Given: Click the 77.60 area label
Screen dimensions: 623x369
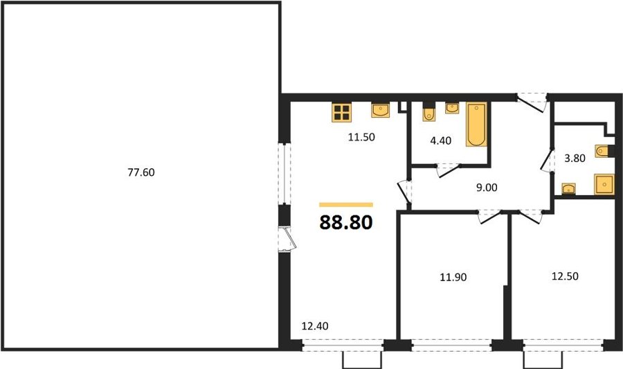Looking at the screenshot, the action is pyautogui.click(x=141, y=172).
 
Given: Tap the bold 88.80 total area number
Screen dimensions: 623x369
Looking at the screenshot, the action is pyautogui.click(x=346, y=222).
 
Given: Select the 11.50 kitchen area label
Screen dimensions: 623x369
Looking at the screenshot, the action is pyautogui.click(x=361, y=137).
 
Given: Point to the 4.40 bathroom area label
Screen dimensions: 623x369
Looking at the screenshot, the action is pyautogui.click(x=441, y=141).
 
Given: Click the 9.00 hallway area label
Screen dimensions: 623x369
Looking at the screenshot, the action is pyautogui.click(x=487, y=188).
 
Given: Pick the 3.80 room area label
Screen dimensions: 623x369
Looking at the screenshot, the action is pyautogui.click(x=575, y=158).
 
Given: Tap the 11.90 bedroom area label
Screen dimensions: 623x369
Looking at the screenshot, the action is pyautogui.click(x=453, y=277).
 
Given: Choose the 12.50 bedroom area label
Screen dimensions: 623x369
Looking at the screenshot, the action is pyautogui.click(x=565, y=276).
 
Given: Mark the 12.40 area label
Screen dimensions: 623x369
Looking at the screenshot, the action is pyautogui.click(x=315, y=326).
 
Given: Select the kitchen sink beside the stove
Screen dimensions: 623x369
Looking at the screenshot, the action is pyautogui.click(x=380, y=110).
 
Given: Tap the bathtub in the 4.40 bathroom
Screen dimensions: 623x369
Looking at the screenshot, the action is pyautogui.click(x=476, y=125).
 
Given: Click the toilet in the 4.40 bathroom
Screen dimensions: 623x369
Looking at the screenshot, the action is pyautogui.click(x=428, y=111).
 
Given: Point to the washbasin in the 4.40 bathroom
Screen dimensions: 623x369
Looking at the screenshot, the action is pyautogui.click(x=452, y=108).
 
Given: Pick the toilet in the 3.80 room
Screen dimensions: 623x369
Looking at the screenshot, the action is pyautogui.click(x=604, y=151).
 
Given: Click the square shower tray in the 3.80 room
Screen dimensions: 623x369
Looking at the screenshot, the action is pyautogui.click(x=604, y=184).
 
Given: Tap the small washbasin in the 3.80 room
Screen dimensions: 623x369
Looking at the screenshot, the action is pyautogui.click(x=568, y=188).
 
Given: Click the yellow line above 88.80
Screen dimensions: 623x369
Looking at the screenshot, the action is pyautogui.click(x=346, y=205).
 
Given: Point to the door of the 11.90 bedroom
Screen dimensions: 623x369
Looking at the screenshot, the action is pyautogui.click(x=489, y=217).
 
